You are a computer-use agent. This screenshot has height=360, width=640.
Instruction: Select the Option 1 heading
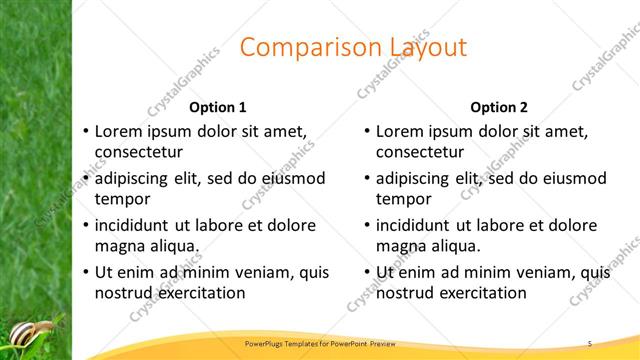coord(218,106)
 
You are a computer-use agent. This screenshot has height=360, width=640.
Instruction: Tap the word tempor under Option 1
coord(120,200)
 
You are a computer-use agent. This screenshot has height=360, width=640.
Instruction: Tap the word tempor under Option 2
coord(402,200)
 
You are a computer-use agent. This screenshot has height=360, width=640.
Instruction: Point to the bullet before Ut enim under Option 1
coord(86,272)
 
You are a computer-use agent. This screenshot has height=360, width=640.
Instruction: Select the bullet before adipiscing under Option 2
coord(367,178)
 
